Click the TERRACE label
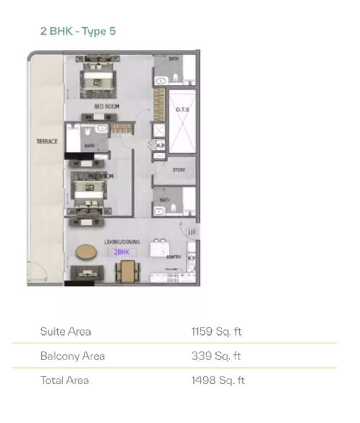point(47,142)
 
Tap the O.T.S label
point(182,109)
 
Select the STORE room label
point(178,170)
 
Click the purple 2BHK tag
point(121,252)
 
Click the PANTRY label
point(173,256)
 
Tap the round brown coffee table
point(85,252)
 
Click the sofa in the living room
point(86,273)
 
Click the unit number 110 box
point(192,232)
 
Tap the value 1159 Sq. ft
point(216,331)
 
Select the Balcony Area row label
point(73,356)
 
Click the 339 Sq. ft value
point(216,356)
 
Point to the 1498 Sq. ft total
point(218,380)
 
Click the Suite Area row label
point(65,331)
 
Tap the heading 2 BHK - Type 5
point(78,31)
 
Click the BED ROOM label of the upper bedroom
point(106,107)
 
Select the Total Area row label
point(65,380)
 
